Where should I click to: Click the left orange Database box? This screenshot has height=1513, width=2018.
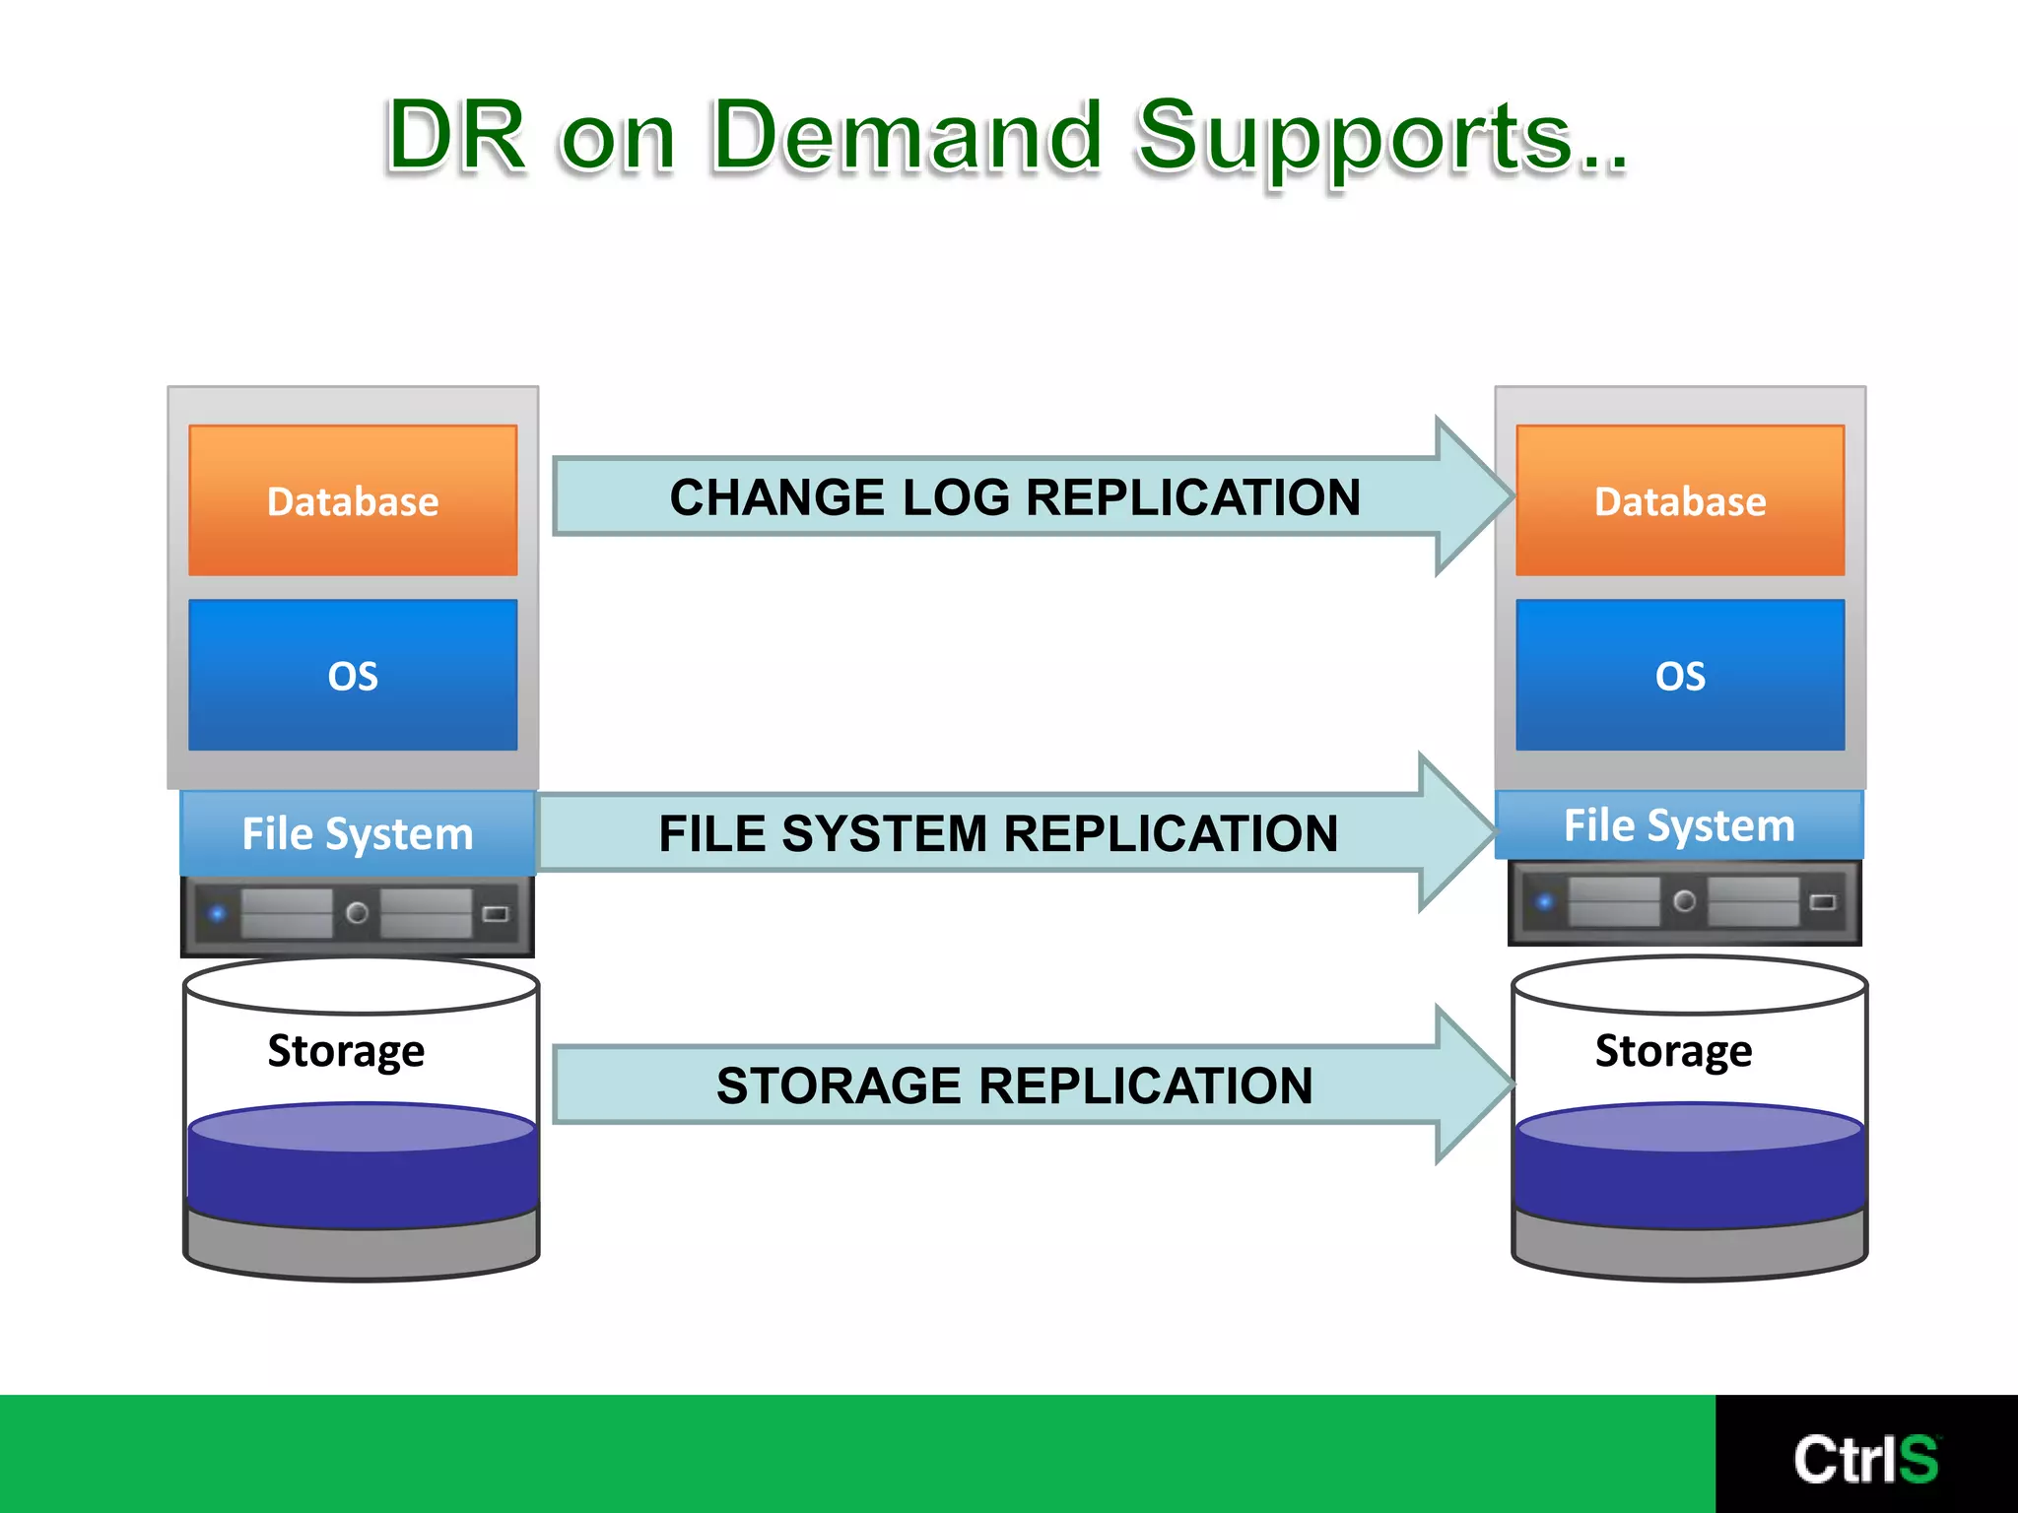coord(353,500)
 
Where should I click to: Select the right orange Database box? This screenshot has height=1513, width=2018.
coord(1680,500)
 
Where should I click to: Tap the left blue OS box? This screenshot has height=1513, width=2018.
coord(353,676)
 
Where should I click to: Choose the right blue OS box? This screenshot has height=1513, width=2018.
coord(1680,676)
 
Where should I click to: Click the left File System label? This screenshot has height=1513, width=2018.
coord(358,834)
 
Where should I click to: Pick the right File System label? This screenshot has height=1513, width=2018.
coord(1679,825)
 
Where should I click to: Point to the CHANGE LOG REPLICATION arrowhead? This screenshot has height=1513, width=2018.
coord(1473,496)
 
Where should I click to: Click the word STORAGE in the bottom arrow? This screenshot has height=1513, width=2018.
coord(839,1085)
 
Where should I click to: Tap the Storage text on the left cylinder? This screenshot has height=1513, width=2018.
coord(346,1050)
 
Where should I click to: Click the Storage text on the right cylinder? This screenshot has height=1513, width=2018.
coord(1673,1050)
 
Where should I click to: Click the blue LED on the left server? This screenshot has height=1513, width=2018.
coord(218,914)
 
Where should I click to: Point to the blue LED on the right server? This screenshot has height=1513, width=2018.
coord(1545,902)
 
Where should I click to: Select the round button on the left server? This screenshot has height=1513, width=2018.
coord(358,913)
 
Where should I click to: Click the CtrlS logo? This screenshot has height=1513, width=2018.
coord(1865,1459)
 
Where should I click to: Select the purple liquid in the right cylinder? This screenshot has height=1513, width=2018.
coord(1689,1172)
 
